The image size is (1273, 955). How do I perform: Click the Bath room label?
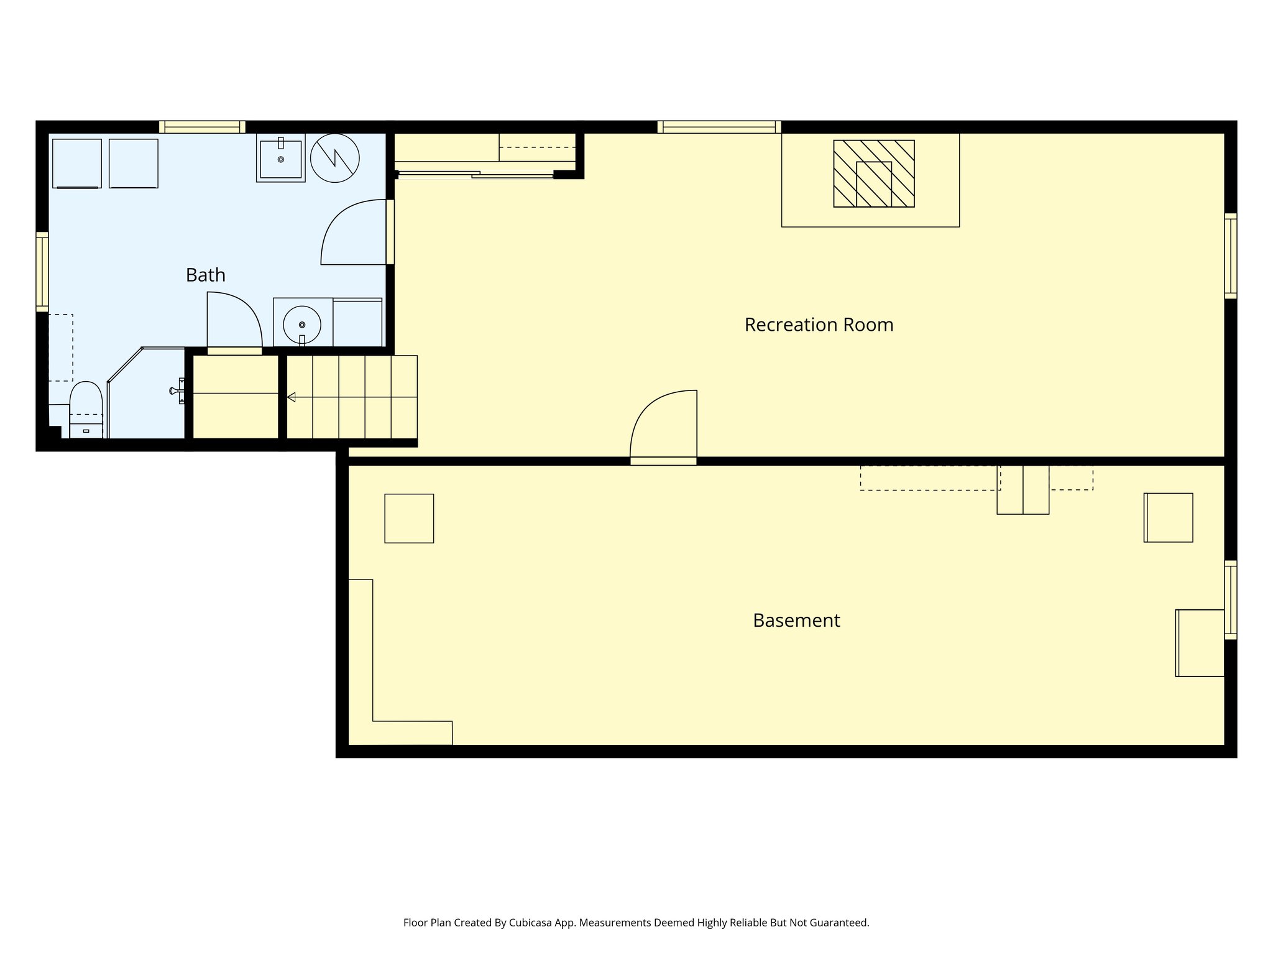[205, 275]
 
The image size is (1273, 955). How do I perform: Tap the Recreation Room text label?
[819, 325]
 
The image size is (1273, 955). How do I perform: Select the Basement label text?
[796, 621]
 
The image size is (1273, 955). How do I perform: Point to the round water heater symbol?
[334, 158]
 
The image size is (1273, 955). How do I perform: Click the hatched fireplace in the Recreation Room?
[873, 173]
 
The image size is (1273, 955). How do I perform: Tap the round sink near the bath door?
[302, 325]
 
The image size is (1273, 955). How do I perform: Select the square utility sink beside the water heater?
[280, 159]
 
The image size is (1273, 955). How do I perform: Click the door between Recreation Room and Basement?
[664, 429]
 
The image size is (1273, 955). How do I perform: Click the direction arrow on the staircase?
[291, 397]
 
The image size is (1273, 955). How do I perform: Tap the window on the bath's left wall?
[42, 272]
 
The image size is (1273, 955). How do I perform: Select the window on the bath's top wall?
[202, 127]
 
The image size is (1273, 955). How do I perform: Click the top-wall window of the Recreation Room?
[719, 127]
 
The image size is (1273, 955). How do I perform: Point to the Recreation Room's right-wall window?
[1230, 256]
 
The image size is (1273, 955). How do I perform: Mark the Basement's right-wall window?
[1230, 600]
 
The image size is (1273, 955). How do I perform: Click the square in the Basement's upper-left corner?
[409, 519]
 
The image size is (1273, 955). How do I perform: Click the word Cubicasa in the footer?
[531, 923]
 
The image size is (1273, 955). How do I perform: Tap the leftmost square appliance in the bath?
[77, 163]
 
